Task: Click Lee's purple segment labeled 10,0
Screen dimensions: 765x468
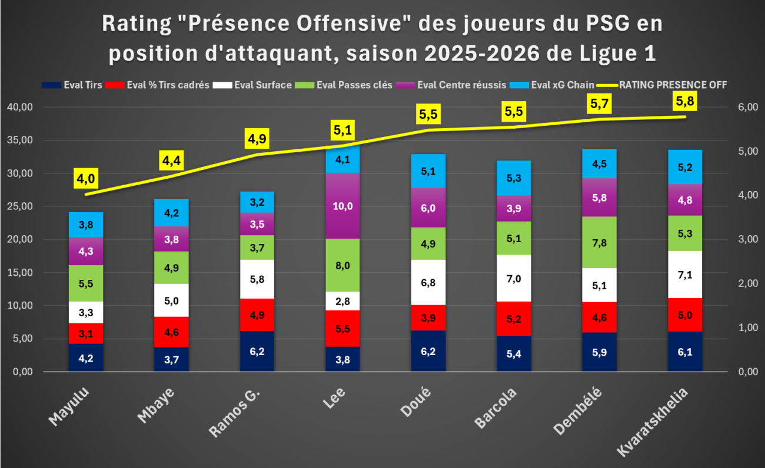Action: pyautogui.click(x=342, y=206)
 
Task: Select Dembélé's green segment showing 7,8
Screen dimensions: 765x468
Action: pyautogui.click(x=600, y=242)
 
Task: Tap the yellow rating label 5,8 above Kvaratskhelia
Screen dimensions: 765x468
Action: pyautogui.click(x=685, y=101)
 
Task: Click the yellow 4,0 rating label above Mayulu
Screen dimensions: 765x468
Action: pyautogui.click(x=86, y=178)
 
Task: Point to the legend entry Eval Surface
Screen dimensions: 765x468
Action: pyautogui.click(x=252, y=85)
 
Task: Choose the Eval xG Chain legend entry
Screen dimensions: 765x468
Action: pyautogui.click(x=552, y=85)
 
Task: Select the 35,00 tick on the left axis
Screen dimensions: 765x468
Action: pyautogui.click(x=20, y=140)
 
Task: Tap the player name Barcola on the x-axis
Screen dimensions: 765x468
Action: pyautogui.click(x=495, y=408)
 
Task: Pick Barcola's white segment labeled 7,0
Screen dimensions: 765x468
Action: pyautogui.click(x=514, y=278)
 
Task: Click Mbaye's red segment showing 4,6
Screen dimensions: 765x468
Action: pyautogui.click(x=171, y=332)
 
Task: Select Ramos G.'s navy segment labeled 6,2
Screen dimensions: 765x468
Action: pyautogui.click(x=257, y=351)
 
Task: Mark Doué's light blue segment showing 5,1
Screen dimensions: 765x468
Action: pyautogui.click(x=428, y=171)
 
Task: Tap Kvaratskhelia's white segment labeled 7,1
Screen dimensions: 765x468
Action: pyautogui.click(x=685, y=275)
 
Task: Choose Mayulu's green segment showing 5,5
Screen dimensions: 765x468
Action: pyautogui.click(x=86, y=283)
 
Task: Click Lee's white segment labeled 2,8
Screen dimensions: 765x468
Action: pyautogui.click(x=342, y=301)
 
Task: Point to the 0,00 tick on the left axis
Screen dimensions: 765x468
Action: pyautogui.click(x=23, y=372)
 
